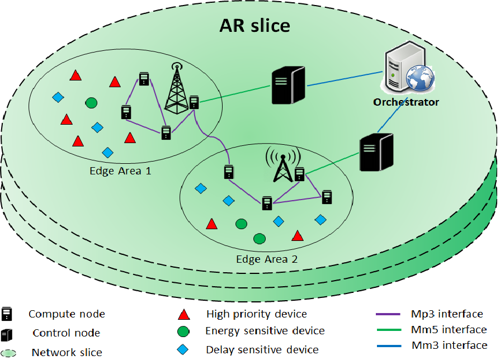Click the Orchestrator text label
[x=406, y=102]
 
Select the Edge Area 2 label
[x=267, y=259]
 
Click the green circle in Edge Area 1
[x=91, y=103]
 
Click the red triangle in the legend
[x=182, y=314]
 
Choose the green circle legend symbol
[x=182, y=331]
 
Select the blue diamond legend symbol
[x=182, y=349]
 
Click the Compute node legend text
[x=67, y=314]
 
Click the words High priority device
[x=256, y=314]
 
